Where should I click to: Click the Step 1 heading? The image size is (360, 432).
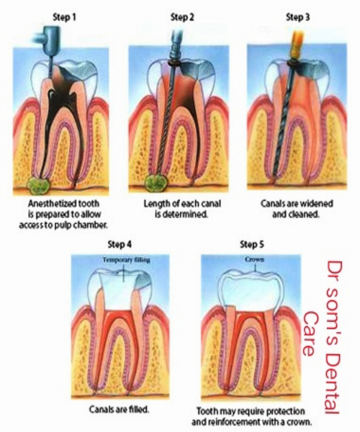64,17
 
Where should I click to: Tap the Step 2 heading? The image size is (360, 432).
182,17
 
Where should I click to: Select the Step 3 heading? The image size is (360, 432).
298,17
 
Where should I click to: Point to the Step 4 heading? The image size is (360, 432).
120,244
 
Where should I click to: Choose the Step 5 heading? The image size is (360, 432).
252,244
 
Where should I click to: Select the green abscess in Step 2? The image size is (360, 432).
156,184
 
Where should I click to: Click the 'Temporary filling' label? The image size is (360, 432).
127,260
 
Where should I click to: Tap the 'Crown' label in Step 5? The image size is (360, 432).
254,259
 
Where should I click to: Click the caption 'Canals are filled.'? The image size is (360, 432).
119,410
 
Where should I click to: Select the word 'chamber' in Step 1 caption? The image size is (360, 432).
89,225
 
